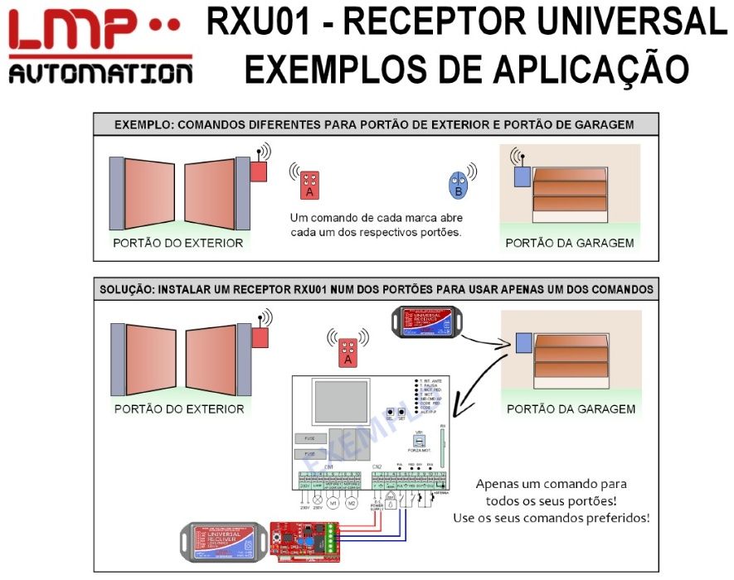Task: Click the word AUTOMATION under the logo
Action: (x=100, y=75)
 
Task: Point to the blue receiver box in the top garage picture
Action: (x=522, y=176)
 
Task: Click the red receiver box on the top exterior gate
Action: (x=259, y=171)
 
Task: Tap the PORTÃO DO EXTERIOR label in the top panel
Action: (x=178, y=243)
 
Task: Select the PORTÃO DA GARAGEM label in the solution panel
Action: (x=571, y=408)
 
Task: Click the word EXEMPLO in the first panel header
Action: (x=142, y=125)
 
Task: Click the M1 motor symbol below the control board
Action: (x=333, y=502)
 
